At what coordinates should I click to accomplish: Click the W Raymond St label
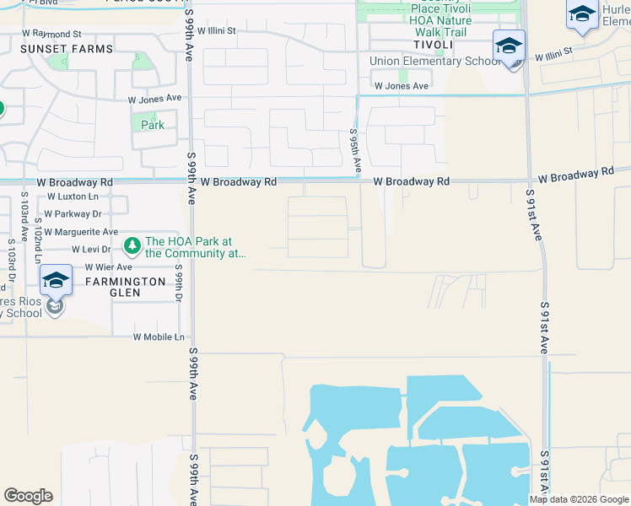(x=51, y=33)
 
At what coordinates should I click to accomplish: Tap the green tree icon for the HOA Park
(x=132, y=246)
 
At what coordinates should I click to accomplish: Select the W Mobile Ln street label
(x=159, y=336)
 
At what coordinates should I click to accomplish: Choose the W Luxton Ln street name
(x=73, y=196)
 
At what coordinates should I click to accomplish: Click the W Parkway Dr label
(x=73, y=214)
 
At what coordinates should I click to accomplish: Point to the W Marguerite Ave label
(x=81, y=231)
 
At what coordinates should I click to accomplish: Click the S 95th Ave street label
(x=356, y=151)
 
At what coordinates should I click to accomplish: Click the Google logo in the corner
(x=29, y=496)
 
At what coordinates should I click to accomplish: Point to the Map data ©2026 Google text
(x=579, y=499)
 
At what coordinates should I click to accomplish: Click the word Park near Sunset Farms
(x=153, y=125)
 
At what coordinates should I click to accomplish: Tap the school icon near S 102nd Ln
(x=55, y=282)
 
